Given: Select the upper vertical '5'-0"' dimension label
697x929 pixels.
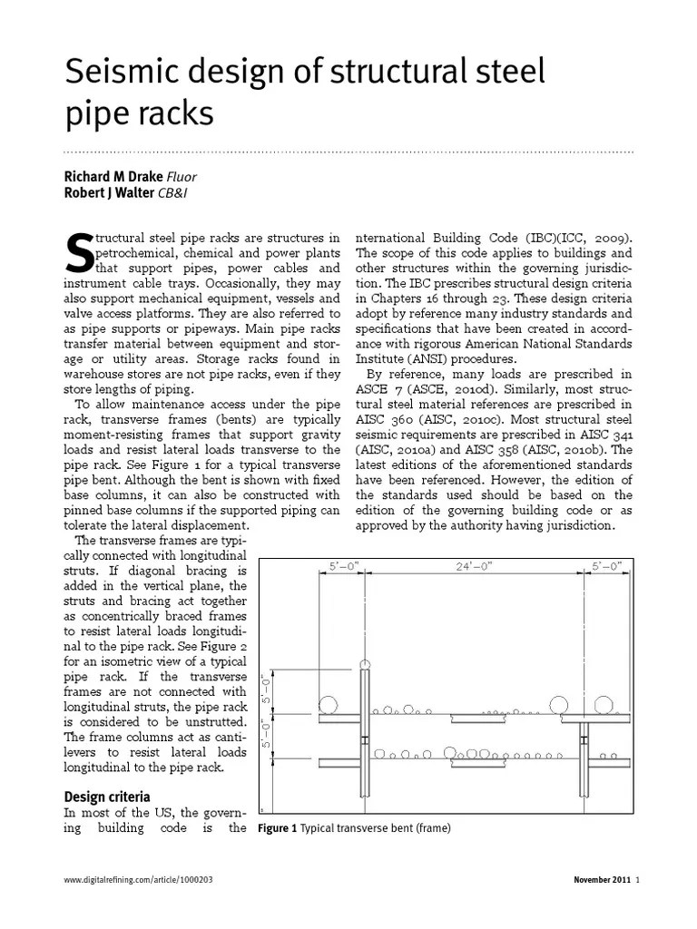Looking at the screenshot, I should [267, 692].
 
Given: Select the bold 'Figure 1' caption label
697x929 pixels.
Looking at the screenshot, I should [278, 828].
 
